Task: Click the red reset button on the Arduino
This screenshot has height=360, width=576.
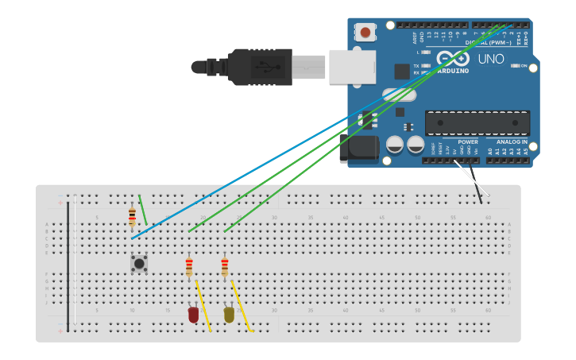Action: (365, 33)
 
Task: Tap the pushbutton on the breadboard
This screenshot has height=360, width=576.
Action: (139, 263)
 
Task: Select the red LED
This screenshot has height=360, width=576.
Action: (193, 315)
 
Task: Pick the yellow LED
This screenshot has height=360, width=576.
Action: (229, 314)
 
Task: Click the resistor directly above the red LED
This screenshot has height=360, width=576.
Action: (189, 267)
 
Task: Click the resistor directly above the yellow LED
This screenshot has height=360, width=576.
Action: (225, 267)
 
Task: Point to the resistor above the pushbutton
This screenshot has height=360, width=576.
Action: (132, 216)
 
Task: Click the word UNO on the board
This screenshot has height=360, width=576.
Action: (491, 59)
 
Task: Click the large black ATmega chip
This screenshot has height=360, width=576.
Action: (477, 123)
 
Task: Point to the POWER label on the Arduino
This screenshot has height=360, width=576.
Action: (468, 141)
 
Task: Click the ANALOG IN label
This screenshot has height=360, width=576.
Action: (512, 141)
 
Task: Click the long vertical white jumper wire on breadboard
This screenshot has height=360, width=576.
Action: (75, 262)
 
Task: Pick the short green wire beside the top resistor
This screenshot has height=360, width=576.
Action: (143, 210)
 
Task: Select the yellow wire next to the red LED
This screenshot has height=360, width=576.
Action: (203, 307)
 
